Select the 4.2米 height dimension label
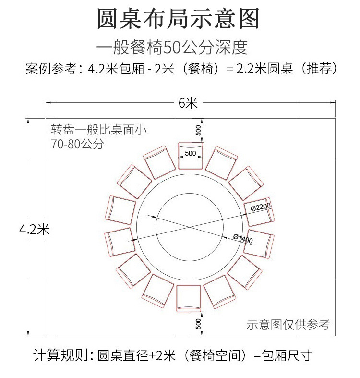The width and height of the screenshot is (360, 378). click(34, 229)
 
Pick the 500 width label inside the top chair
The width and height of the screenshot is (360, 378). click(190, 153)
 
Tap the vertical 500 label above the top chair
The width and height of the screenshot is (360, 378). click(198, 130)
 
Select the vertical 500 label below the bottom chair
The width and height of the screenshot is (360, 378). click(198, 324)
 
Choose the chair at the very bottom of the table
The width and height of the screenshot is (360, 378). click(189, 298)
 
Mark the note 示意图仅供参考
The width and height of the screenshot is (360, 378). click(288, 325)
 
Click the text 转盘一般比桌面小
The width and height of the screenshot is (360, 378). click(99, 129)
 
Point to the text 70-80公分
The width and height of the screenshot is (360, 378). click(77, 144)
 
